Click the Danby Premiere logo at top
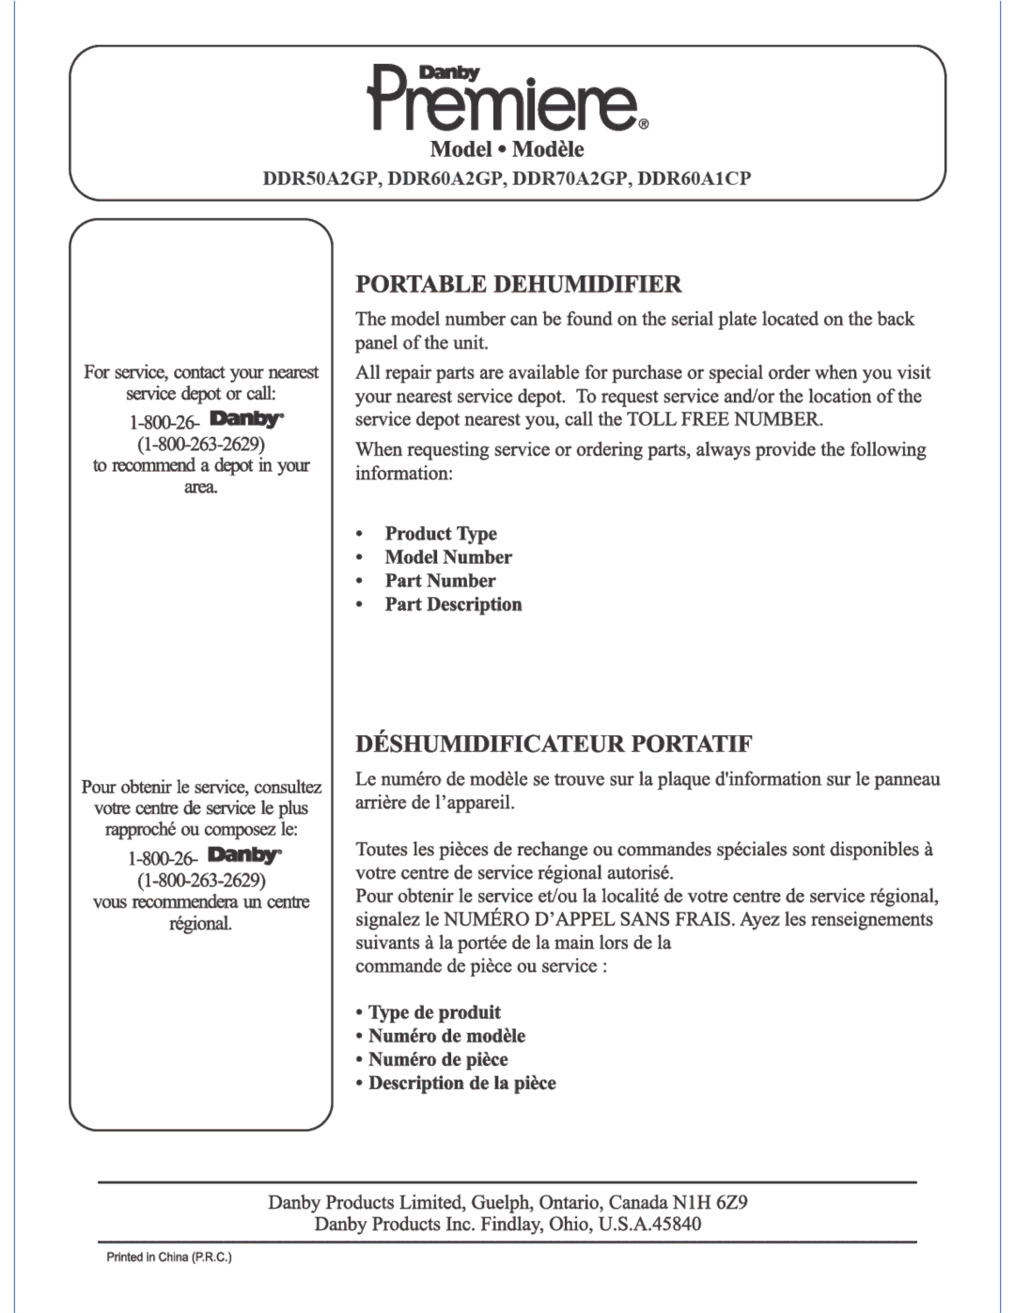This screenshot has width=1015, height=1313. pos(507,99)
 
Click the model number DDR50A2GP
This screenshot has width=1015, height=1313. pos(320,178)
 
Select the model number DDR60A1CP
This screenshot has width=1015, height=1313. pos(695,178)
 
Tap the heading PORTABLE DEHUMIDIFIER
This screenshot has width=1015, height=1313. pos(518,284)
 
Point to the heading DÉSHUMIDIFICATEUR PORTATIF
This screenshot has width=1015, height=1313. pos(554,744)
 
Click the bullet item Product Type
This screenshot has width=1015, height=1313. pos(441,534)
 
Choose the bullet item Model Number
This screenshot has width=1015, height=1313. pos(448,557)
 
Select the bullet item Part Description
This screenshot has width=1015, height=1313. pos(453,604)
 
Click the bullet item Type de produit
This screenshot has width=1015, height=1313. pos(434,1012)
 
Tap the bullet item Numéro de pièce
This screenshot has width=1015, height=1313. pos(438,1059)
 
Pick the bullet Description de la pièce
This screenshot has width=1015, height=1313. pos(461,1083)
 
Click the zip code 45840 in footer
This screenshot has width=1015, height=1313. pos(677,1224)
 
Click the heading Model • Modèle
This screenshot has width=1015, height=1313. pos(507,149)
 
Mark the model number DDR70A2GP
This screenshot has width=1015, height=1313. pos(570,178)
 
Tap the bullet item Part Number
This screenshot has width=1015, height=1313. pos(440,581)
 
